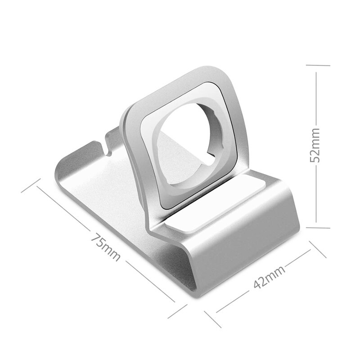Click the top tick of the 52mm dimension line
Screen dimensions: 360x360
point(317,65)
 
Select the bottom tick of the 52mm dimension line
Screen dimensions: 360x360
point(317,222)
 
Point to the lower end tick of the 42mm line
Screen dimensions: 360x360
point(211,318)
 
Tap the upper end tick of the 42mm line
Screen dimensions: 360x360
point(317,248)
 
